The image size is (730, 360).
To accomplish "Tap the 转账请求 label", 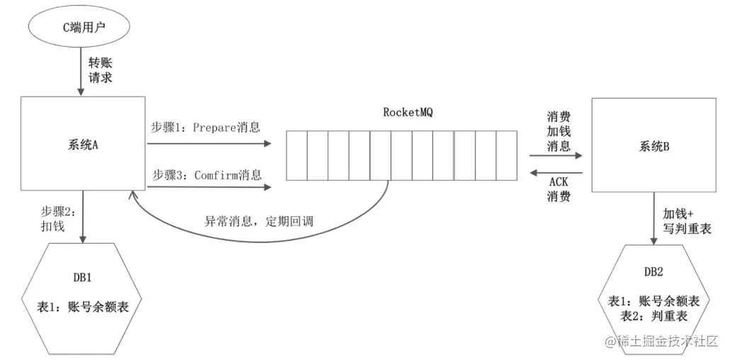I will click(100, 70).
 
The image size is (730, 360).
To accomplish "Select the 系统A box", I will click(83, 145).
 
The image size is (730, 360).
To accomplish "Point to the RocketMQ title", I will click(408, 112).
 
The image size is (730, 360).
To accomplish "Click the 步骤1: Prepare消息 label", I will click(206, 128).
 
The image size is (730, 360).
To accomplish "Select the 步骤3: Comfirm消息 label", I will click(206, 174).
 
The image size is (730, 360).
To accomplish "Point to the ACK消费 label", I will click(558, 189).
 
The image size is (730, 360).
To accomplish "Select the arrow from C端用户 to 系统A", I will click(84, 71).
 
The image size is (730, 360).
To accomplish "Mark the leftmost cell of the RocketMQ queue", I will click(296, 155).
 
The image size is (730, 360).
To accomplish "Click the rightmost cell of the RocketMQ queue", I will click(507, 155).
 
